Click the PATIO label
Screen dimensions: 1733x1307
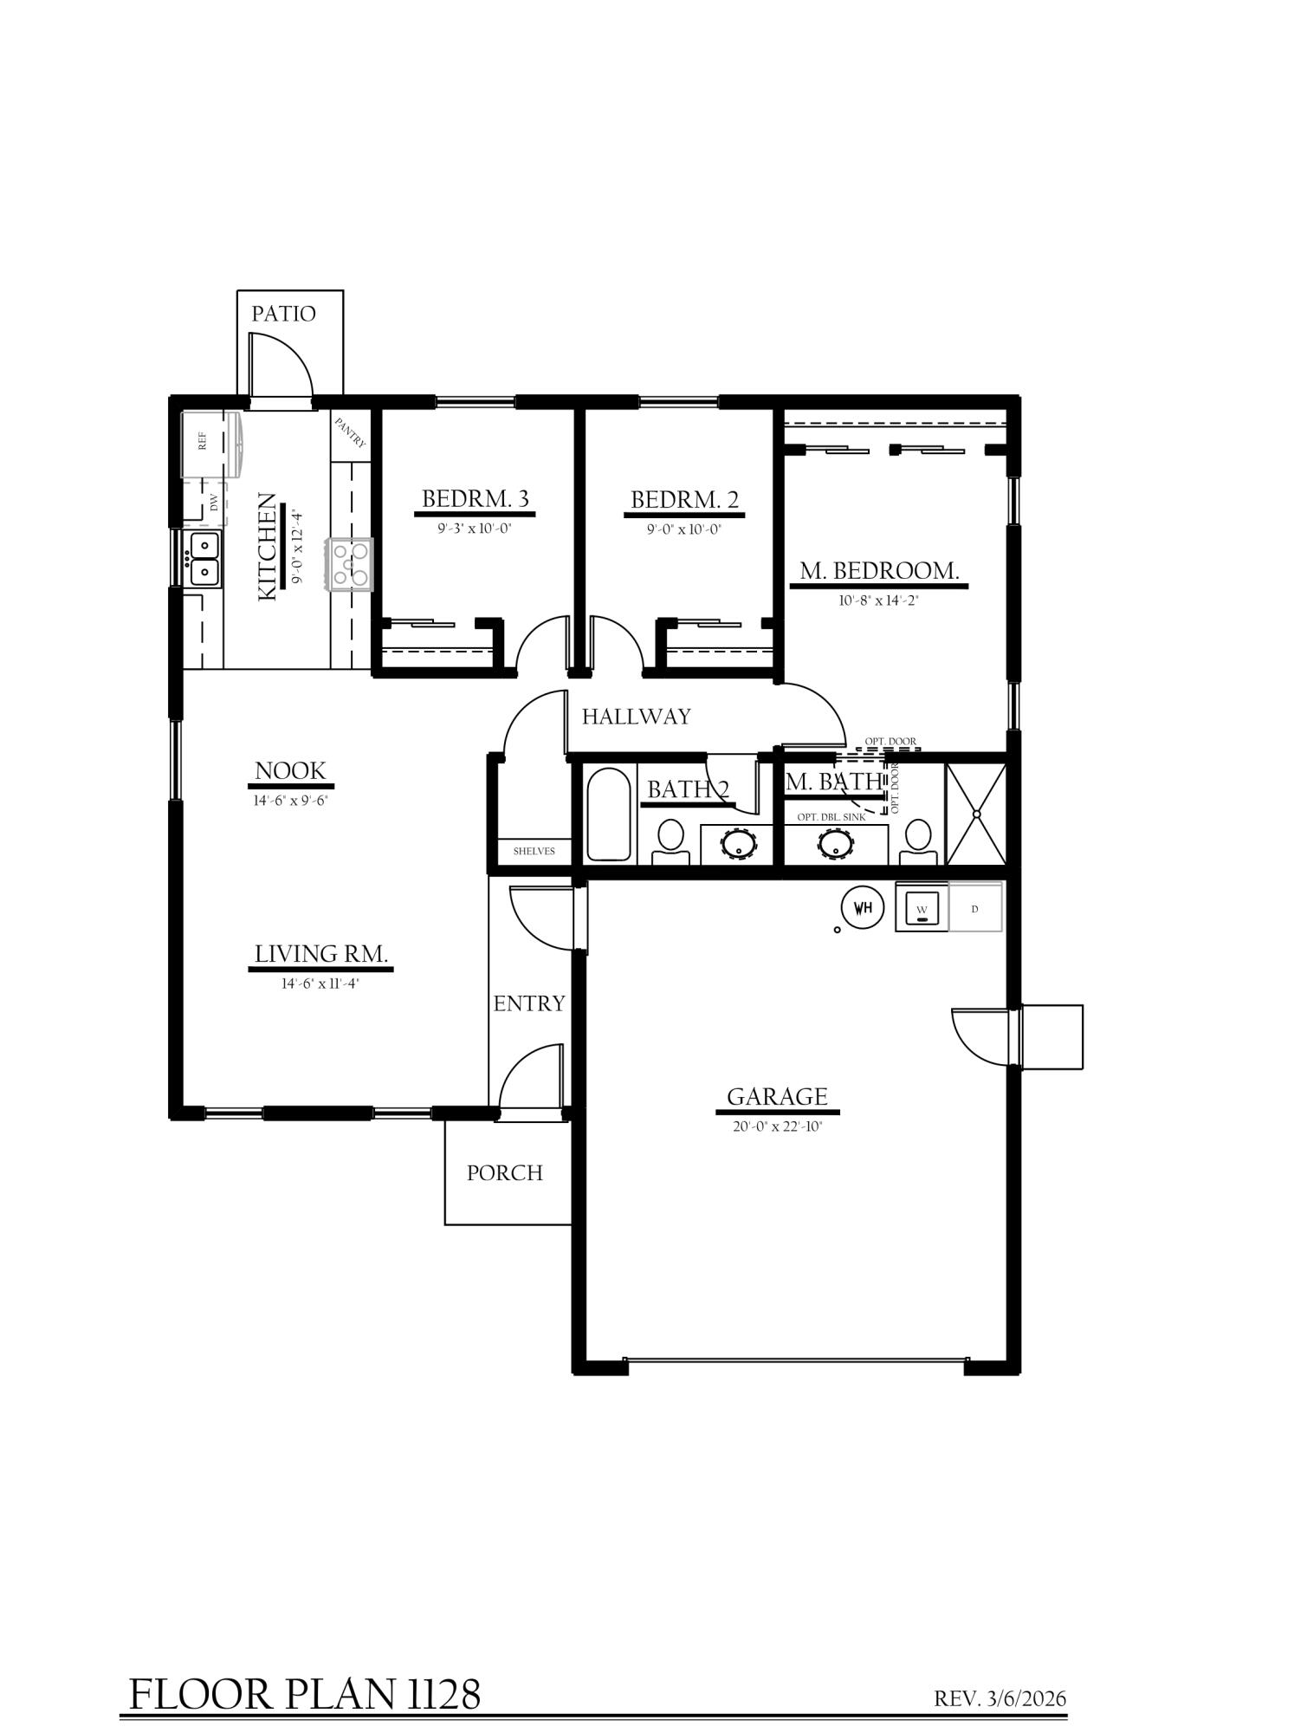(x=283, y=314)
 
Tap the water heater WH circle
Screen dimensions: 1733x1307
(x=863, y=907)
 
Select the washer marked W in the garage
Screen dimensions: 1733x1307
(x=922, y=907)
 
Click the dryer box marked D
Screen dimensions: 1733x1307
(x=975, y=907)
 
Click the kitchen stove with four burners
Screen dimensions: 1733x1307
(x=350, y=565)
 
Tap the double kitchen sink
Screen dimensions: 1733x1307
(x=204, y=559)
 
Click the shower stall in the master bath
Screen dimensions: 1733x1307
(x=976, y=814)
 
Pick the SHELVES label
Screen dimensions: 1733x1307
(x=534, y=851)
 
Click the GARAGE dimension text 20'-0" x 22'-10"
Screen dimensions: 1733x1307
(x=776, y=1126)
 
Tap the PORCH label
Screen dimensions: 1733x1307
(x=505, y=1172)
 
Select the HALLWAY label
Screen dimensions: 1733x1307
(x=637, y=717)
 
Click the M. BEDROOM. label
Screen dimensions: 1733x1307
(x=879, y=571)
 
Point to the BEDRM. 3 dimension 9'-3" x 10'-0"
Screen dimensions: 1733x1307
(x=475, y=529)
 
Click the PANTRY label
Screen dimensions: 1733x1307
(x=351, y=432)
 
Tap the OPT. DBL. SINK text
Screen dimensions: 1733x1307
(x=831, y=817)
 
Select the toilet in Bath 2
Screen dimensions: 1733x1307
(x=670, y=841)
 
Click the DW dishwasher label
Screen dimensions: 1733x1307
(x=214, y=503)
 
